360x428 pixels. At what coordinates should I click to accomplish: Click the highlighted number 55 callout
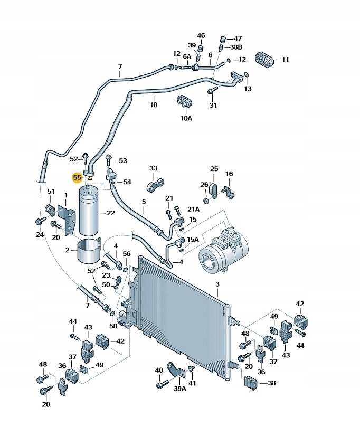pos(78,178)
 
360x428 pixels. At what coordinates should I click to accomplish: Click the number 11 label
pos(285,60)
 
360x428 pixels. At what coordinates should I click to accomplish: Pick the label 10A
pos(186,118)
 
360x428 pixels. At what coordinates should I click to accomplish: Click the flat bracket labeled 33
pos(156,185)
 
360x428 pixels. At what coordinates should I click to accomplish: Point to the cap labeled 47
pos(222,39)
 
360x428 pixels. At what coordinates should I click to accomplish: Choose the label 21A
pos(193,209)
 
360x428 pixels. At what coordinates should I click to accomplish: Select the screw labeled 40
pos(161,386)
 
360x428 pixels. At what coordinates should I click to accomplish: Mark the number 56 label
pos(127,254)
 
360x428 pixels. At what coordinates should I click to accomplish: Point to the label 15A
pos(193,239)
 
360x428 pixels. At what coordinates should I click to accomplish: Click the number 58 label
pos(113,326)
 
